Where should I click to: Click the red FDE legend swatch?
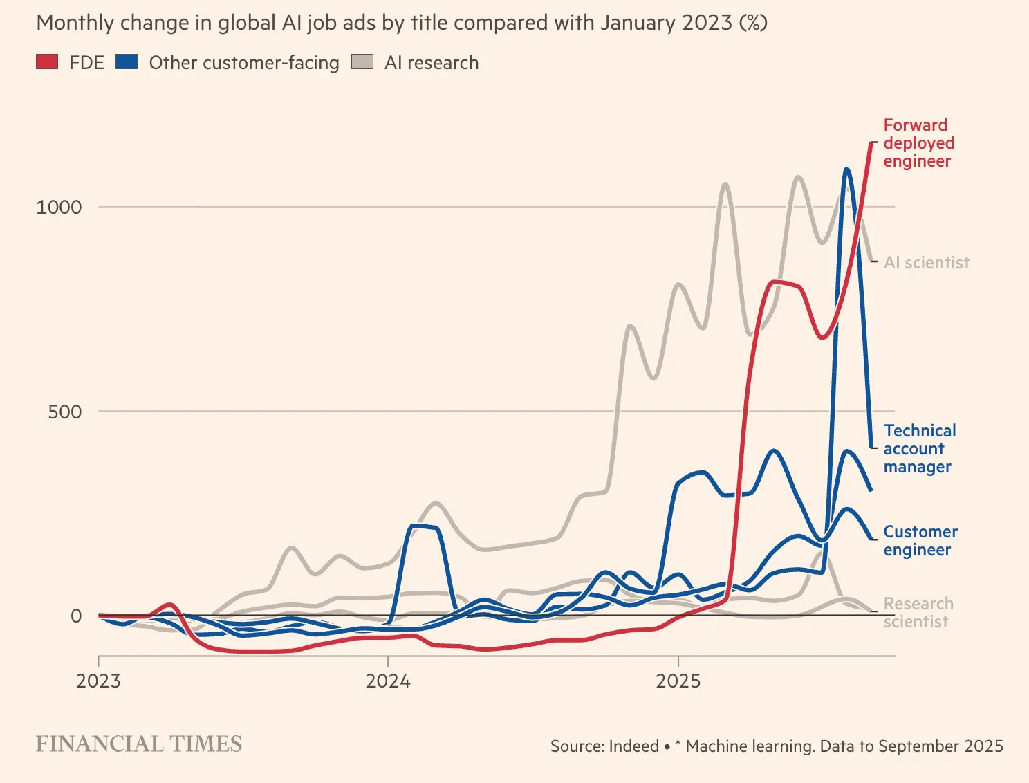tap(47, 62)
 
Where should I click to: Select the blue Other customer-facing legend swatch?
tap(127, 62)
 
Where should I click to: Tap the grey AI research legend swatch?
tap(362, 62)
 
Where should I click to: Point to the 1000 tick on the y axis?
tap(59, 207)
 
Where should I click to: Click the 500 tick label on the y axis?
tap(64, 412)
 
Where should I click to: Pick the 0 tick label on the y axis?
tap(76, 616)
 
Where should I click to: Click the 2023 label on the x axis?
tap(98, 681)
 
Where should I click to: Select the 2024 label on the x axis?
tap(388, 681)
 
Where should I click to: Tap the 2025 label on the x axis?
tap(678, 681)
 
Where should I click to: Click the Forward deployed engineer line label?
tap(918, 143)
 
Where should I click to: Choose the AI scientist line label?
tap(927, 263)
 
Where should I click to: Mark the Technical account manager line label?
tap(919, 449)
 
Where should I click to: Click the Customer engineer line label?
tap(920, 541)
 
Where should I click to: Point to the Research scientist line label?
tap(918, 613)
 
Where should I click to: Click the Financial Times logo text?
tap(139, 744)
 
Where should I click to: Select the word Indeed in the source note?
tap(635, 746)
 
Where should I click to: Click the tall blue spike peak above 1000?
tap(846, 169)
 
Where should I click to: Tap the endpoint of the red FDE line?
tap(871, 143)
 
